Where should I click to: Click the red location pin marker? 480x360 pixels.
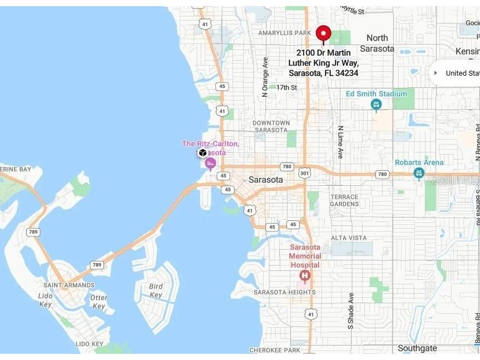click(x=323, y=34)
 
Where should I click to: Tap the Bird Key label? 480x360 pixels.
click(x=156, y=291)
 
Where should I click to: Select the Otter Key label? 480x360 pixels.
click(x=99, y=302)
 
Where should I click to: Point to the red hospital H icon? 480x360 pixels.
click(x=304, y=275)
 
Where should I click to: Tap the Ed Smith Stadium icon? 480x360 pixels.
click(x=377, y=104)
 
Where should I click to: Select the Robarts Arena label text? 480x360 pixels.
click(x=419, y=162)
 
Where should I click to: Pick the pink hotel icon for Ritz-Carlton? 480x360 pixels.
click(x=210, y=163)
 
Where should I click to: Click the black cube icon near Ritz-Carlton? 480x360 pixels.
click(x=202, y=152)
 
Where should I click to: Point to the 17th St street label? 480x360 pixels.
click(x=286, y=87)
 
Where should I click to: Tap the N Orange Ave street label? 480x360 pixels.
click(x=265, y=77)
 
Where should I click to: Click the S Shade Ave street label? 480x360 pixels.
click(x=351, y=310)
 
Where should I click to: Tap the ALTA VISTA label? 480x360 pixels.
click(x=349, y=238)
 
